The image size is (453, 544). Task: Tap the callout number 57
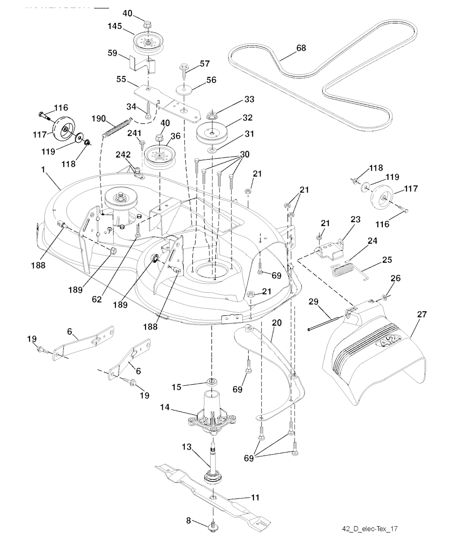point(205,64)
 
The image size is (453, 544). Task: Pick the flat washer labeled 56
point(182,88)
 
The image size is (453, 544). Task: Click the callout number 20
point(276,323)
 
